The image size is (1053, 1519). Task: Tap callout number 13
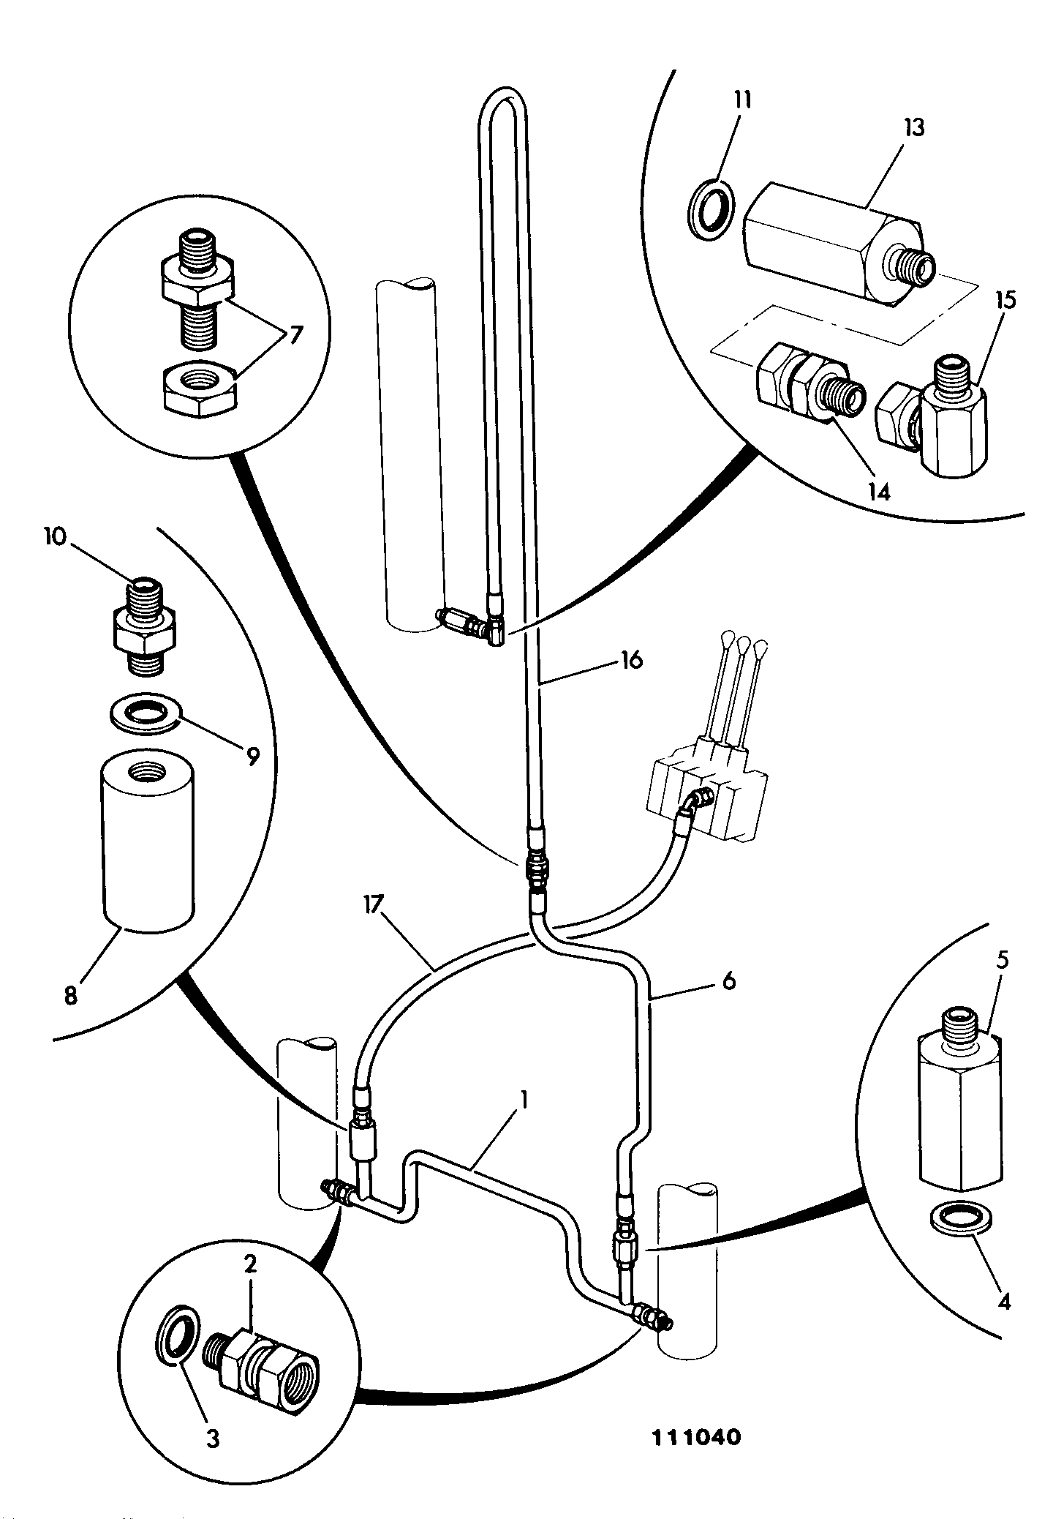coord(913,128)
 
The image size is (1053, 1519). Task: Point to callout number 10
coord(56,537)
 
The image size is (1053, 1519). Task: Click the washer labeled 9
coord(146,712)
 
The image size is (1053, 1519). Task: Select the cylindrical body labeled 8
coord(146,841)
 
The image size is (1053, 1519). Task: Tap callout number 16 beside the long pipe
coord(631,660)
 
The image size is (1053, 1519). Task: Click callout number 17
coord(373,906)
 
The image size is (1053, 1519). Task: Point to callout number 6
coord(728,981)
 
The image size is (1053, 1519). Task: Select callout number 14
coord(880,491)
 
